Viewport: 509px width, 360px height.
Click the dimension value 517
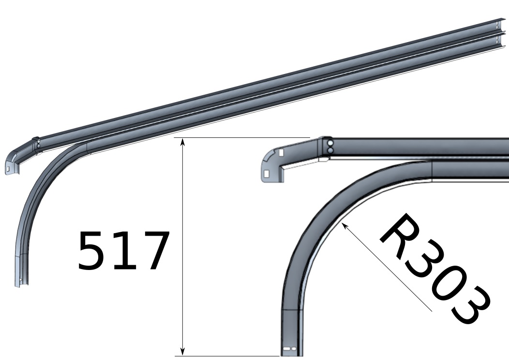tap(123, 251)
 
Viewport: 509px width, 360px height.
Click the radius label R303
tap(435, 268)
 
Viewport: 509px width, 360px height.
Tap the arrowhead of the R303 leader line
tap(345, 225)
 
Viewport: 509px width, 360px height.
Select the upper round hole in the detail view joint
tap(330, 143)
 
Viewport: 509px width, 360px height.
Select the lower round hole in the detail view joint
tap(330, 150)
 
